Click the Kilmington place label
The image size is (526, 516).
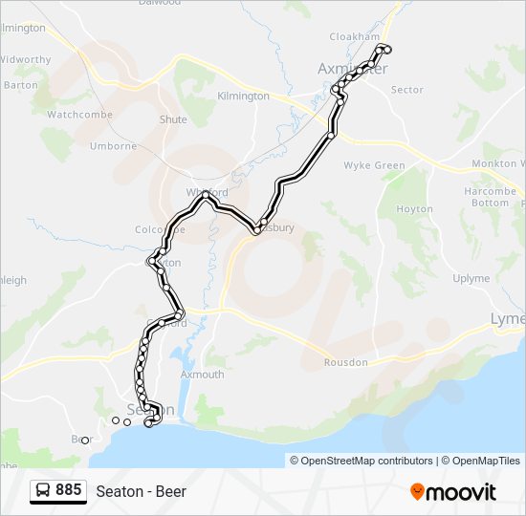click(x=243, y=97)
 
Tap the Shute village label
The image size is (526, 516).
click(x=173, y=119)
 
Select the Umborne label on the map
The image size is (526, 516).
click(x=114, y=146)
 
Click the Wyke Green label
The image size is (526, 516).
click(x=374, y=165)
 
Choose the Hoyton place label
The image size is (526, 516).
click(x=414, y=209)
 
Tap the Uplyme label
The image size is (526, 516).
click(x=471, y=279)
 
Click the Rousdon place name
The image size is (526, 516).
click(x=345, y=363)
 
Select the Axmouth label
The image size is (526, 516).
click(x=202, y=375)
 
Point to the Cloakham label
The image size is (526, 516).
click(x=354, y=36)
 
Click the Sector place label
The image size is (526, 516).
click(x=407, y=90)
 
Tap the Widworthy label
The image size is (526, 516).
click(x=25, y=59)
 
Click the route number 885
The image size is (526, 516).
click(x=69, y=490)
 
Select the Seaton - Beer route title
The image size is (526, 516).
click(x=141, y=492)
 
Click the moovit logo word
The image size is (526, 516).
click(x=461, y=492)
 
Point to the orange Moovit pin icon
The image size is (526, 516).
click(x=417, y=491)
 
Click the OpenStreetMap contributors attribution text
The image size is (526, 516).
click(x=362, y=461)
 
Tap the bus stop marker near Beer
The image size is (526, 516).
click(x=84, y=441)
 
